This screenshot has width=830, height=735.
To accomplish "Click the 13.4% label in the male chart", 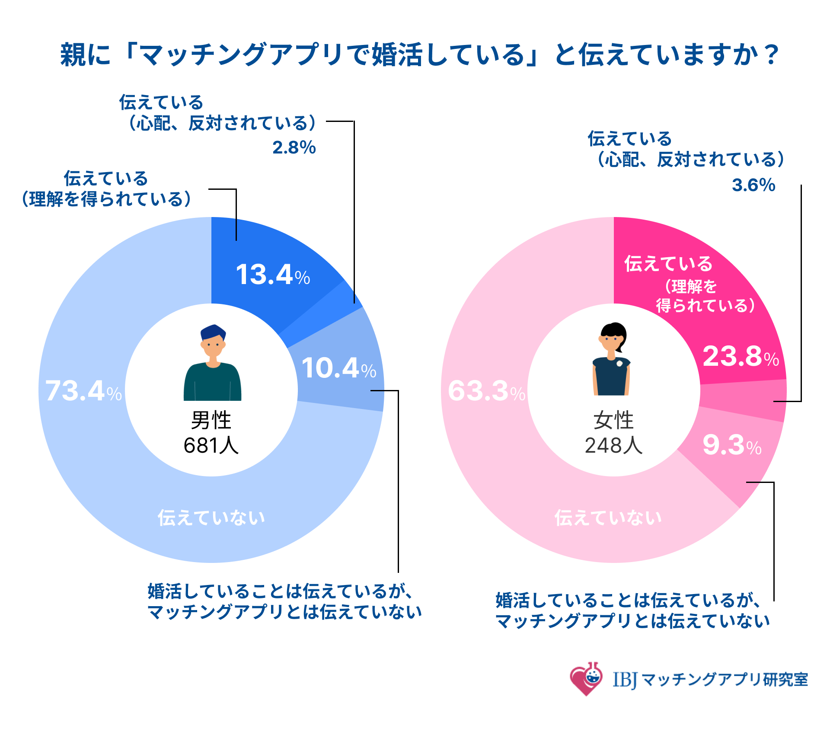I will click(272, 275).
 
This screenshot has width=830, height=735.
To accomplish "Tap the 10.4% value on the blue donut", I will click(338, 368).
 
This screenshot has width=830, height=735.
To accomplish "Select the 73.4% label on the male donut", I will click(83, 391).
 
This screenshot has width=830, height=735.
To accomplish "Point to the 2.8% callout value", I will click(294, 148).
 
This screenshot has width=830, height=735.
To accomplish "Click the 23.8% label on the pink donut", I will click(741, 357).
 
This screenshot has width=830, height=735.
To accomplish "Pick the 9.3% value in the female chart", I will click(731, 445).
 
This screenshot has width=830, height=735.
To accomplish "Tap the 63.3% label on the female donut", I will click(486, 391).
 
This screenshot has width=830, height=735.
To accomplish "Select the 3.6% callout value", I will click(753, 185).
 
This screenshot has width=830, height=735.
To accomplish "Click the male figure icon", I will click(212, 363).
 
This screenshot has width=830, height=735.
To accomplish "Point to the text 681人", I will click(211, 445).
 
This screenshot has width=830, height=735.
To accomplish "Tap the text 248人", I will click(613, 445).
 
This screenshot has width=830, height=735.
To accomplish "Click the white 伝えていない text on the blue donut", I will click(211, 518).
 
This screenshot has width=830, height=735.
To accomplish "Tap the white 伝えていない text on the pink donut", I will click(608, 518).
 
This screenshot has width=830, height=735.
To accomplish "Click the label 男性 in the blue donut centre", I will click(211, 420).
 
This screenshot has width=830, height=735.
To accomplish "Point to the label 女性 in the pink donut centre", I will click(613, 420).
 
